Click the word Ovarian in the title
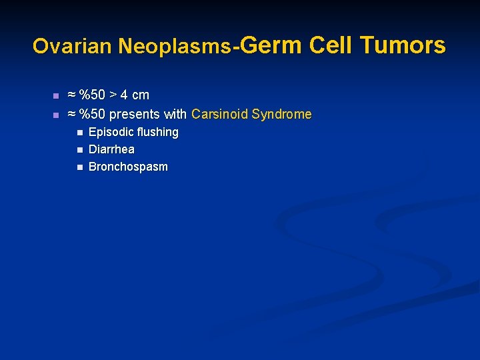[73, 46]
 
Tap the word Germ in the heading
[271, 45]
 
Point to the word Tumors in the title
[403, 45]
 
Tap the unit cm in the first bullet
[141, 95]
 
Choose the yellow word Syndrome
[281, 115]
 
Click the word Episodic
[110, 132]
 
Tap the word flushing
[157, 132]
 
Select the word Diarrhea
[111, 149]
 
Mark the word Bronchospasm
[128, 167]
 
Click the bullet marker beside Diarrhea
[79, 150]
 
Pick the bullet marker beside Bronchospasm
[79, 167]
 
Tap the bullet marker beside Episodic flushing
[79, 133]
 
